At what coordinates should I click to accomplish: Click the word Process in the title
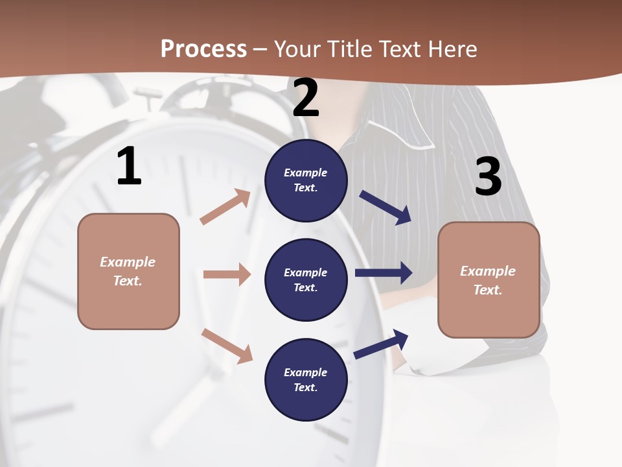(203, 49)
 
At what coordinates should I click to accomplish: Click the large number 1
(129, 167)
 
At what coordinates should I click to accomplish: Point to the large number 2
(306, 99)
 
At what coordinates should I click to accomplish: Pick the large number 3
(488, 176)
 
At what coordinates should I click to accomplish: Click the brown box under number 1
(128, 271)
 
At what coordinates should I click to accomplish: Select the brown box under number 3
(489, 280)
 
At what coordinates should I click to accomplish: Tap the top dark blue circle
(306, 180)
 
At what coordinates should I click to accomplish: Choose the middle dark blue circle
(306, 280)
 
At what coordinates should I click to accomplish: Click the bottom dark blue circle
(306, 379)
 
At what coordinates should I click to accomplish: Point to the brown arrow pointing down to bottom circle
(227, 346)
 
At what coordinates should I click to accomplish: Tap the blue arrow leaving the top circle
(385, 207)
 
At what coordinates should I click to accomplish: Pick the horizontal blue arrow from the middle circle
(383, 273)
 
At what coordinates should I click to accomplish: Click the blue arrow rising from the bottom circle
(381, 344)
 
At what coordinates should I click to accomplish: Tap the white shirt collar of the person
(405, 138)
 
